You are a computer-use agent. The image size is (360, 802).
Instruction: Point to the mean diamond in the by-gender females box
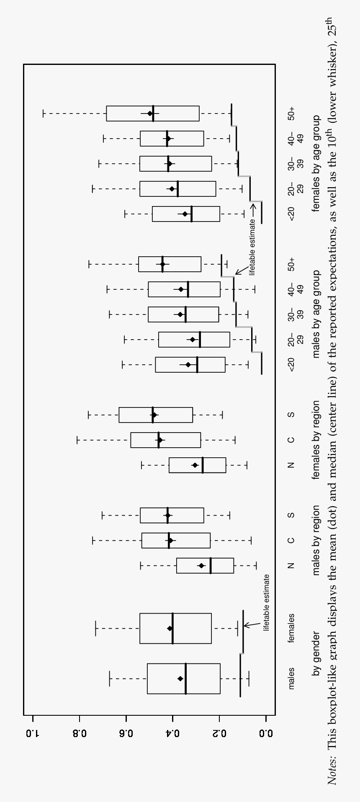pos(170,628)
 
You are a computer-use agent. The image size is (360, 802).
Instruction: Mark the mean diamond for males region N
pos(201,565)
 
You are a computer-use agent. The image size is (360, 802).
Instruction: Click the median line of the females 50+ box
pos(153,113)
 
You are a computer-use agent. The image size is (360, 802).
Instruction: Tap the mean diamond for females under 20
pos(185,214)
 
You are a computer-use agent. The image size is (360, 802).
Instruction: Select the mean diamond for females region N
pos(195,465)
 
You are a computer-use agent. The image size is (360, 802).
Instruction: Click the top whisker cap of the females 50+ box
pos(43,113)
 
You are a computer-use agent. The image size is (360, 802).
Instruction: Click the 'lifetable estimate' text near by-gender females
pos(267,603)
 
